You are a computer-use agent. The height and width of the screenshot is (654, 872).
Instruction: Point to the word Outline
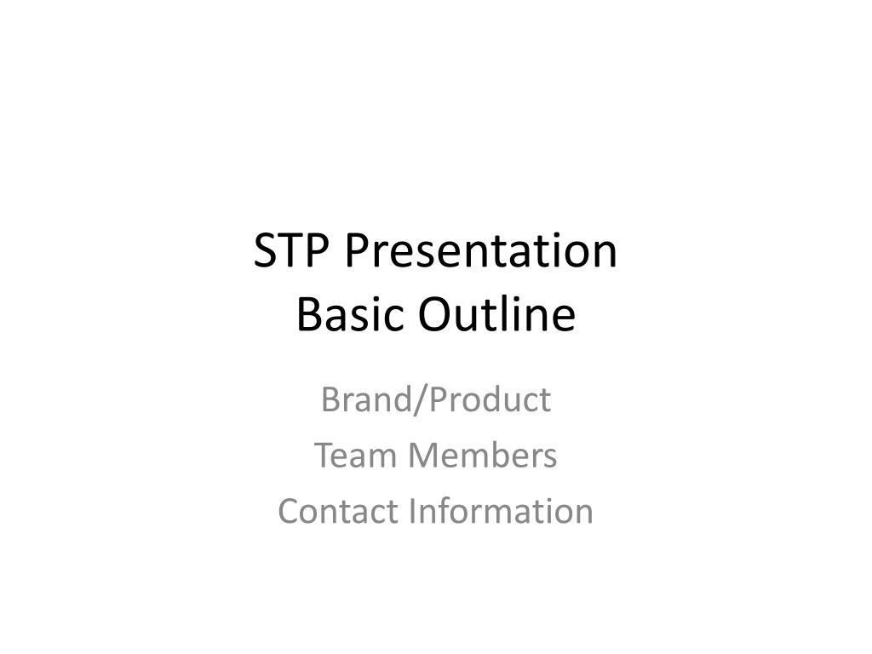pos(496,315)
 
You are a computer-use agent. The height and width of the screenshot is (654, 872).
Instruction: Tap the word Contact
pos(339,511)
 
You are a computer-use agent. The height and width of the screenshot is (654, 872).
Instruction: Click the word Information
pos(502,511)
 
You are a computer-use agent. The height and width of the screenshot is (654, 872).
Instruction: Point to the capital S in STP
pos(266,252)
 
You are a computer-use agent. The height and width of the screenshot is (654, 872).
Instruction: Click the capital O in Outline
pos(433,315)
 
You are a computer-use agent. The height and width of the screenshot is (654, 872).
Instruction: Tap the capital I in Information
pos(413,511)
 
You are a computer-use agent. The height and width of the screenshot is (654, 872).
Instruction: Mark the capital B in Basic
pos(307,315)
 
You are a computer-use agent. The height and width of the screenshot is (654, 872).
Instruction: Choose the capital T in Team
pos(324,456)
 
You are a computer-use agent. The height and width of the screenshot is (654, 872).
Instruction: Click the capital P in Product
pos(432,399)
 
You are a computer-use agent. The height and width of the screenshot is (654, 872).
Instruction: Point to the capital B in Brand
pos(330,399)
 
